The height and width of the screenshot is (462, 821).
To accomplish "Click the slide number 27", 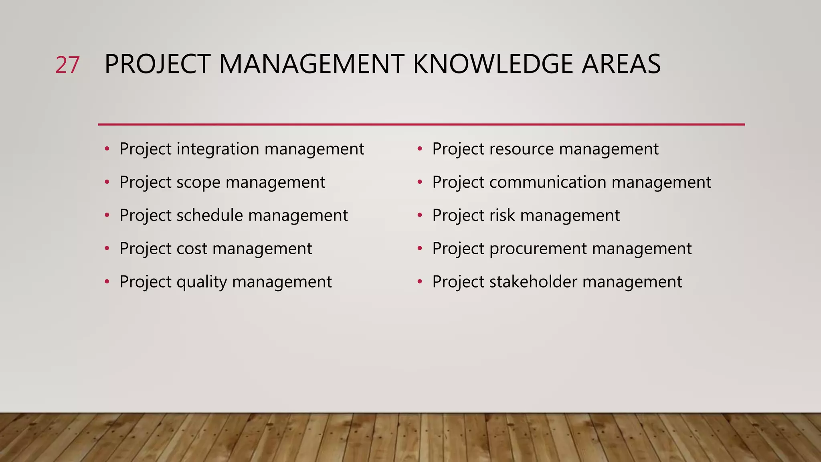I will tap(67, 65).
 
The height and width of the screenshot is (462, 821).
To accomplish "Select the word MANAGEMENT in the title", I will tap(311, 64).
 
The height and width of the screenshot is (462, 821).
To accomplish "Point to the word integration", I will tap(218, 149).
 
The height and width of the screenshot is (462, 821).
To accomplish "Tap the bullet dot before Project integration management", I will tap(107, 149).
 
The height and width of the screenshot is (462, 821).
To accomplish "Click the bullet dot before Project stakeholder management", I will tap(420, 282).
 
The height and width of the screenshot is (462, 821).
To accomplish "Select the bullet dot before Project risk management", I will tap(420, 216).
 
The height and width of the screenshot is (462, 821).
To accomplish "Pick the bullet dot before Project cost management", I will tap(107, 249).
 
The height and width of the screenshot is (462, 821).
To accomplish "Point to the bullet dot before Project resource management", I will tap(420, 149).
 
